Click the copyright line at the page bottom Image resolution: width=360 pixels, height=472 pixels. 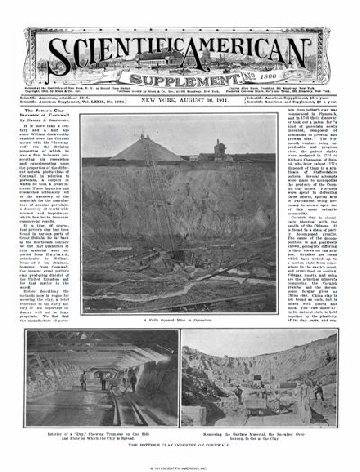[180, 466]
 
